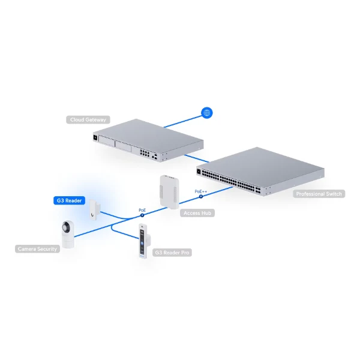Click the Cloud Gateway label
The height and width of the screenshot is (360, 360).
(x=88, y=119)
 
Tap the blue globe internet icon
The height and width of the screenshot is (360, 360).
(x=206, y=113)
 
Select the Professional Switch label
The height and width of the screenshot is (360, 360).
(x=319, y=194)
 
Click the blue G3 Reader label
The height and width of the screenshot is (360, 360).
(x=70, y=200)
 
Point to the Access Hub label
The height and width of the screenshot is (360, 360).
(x=197, y=213)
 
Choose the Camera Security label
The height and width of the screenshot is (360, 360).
(x=37, y=249)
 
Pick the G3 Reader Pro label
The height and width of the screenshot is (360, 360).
(x=172, y=253)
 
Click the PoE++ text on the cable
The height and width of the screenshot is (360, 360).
(x=200, y=191)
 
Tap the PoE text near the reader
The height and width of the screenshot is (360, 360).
(x=142, y=210)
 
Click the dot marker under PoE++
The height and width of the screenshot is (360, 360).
(x=201, y=196)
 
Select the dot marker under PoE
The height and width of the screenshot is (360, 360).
(x=142, y=215)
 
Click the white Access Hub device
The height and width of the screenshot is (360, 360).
(x=169, y=192)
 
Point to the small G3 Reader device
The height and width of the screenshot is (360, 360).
(x=95, y=209)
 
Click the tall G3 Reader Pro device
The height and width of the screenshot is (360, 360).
(x=144, y=241)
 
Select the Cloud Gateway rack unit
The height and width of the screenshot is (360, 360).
(x=148, y=140)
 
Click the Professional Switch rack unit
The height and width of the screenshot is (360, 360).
(x=260, y=171)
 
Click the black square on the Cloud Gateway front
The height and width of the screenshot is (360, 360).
(x=95, y=137)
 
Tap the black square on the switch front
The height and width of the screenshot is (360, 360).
(x=199, y=171)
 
